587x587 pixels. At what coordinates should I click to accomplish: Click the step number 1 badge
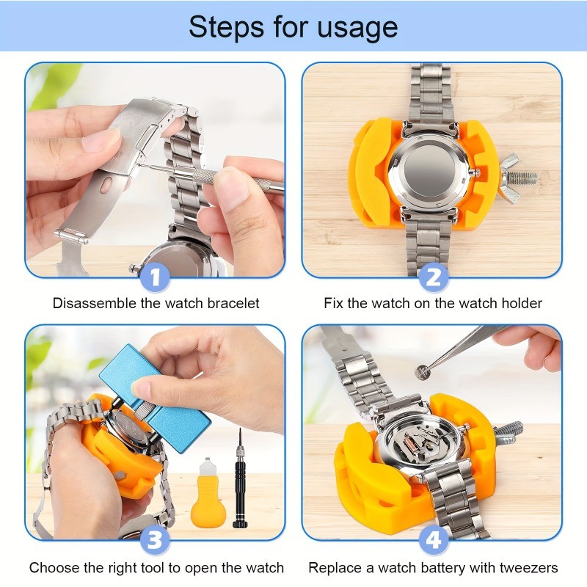click(156, 277)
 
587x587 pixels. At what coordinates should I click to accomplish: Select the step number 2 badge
click(433, 277)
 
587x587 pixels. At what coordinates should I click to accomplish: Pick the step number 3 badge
click(156, 542)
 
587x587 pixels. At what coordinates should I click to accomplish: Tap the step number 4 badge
click(433, 542)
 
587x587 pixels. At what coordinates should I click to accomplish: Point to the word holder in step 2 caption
click(521, 303)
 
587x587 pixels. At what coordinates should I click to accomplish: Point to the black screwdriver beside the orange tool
click(239, 488)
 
